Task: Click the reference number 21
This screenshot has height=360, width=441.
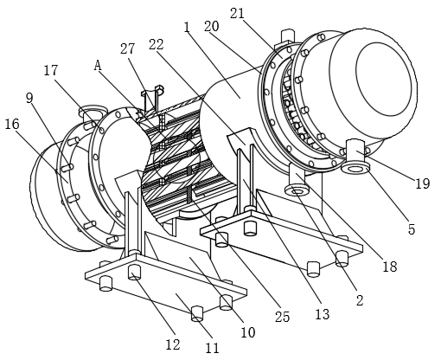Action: (x=237, y=14)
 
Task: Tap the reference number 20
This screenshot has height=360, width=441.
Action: (x=212, y=27)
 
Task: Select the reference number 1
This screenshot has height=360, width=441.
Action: (x=187, y=28)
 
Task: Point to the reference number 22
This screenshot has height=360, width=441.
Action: (x=157, y=45)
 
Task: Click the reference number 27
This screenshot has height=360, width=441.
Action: (x=127, y=48)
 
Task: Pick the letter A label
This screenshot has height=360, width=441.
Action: (x=98, y=66)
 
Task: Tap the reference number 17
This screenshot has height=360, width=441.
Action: (x=51, y=71)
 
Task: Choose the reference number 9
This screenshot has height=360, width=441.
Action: (x=29, y=99)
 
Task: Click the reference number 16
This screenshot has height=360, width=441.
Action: (x=12, y=124)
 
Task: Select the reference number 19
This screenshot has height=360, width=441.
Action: (x=423, y=183)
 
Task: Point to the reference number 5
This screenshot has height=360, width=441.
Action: (x=412, y=229)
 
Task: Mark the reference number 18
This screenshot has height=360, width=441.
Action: (x=390, y=267)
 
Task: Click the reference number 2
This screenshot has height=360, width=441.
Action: (x=360, y=300)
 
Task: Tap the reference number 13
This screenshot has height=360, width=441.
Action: (x=323, y=314)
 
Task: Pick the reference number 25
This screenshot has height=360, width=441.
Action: (x=282, y=317)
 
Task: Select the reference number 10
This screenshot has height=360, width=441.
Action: (x=248, y=332)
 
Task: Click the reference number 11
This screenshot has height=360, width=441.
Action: (x=212, y=348)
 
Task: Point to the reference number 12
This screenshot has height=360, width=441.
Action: (x=173, y=344)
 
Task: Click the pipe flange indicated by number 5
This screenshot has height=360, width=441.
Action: (x=355, y=168)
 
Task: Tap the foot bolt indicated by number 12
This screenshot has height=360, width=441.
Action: (x=134, y=272)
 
